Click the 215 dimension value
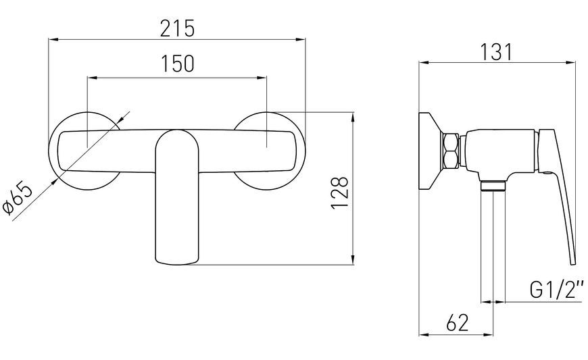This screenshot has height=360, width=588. (x=177, y=28)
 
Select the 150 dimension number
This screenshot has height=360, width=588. (x=177, y=63)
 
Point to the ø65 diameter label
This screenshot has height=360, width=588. (x=18, y=200)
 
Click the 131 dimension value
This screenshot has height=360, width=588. (x=497, y=52)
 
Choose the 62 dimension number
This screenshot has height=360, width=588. (x=458, y=322)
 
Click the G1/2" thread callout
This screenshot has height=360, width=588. (x=557, y=290)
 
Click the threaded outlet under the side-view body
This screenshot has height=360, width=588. (x=493, y=186)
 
